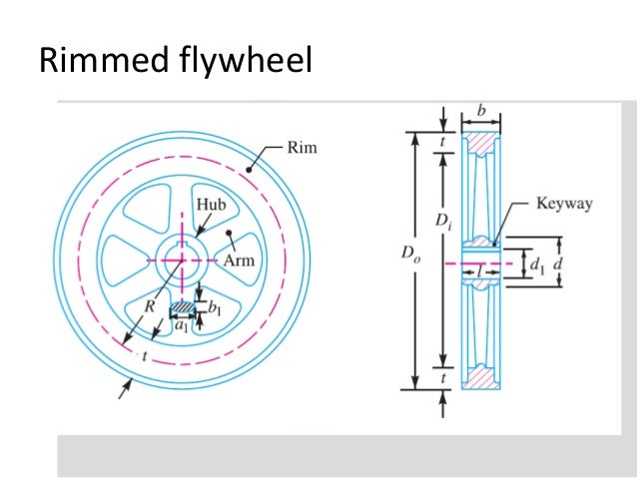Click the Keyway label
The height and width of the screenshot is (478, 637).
(564, 205)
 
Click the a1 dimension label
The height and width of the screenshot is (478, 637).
(181, 324)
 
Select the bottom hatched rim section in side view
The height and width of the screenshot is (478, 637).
(483, 379)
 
